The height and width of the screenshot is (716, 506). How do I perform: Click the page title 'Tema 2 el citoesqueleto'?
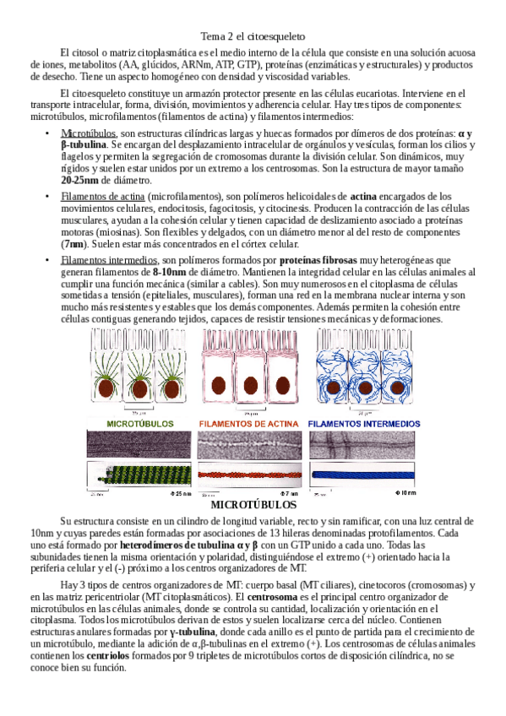253,36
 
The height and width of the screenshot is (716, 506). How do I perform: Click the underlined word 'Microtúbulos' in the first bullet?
89,133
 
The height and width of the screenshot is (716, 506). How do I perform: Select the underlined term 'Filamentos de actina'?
103,197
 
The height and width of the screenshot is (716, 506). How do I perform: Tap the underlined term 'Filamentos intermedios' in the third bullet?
109,260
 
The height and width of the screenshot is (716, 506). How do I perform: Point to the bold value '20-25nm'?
84,180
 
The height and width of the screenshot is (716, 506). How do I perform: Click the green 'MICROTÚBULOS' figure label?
140,423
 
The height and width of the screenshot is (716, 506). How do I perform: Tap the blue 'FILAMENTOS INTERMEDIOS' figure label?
363,423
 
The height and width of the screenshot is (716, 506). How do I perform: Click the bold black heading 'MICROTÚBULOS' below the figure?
253,505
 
